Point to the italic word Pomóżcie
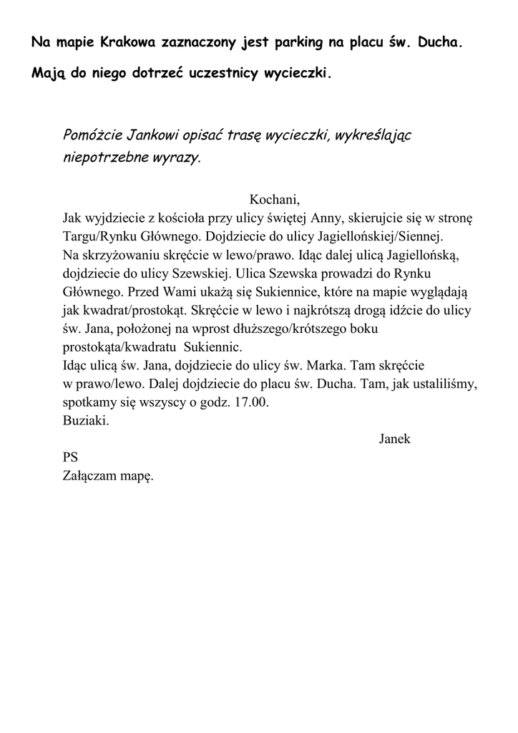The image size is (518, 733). point(92,135)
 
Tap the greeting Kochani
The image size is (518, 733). point(274,199)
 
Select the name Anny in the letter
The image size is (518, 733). point(325,218)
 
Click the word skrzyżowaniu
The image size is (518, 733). point(114,255)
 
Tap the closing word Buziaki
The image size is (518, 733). point(86,421)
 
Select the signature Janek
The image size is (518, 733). point(394,440)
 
